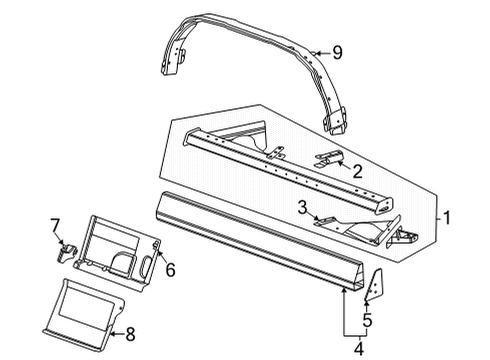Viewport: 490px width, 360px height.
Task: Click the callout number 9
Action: [338, 52]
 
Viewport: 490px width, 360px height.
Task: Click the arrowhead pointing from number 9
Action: [313, 52]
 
